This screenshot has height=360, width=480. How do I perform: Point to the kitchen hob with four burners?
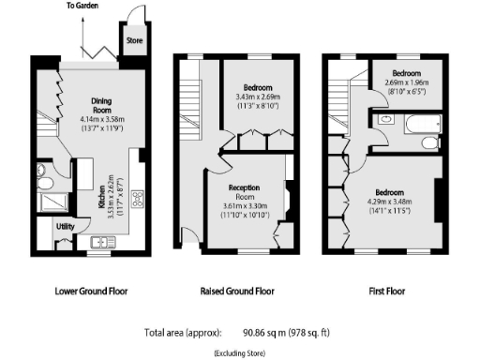tap(136, 198)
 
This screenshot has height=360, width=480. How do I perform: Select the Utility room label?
tap(66, 227)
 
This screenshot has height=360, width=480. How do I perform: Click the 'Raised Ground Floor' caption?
tap(238, 292)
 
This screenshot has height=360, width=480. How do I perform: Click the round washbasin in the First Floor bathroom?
tap(387, 121)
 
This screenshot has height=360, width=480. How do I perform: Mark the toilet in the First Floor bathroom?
tap(427, 142)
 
